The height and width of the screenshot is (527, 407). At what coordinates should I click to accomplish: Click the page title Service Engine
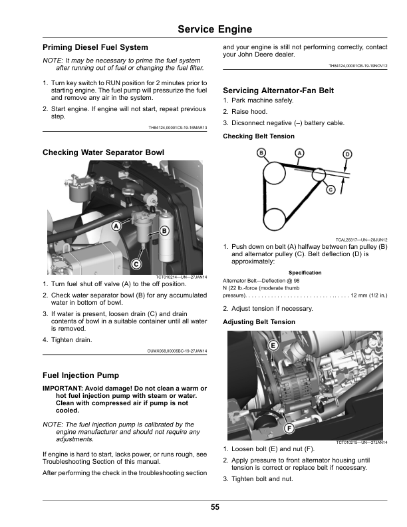[215, 29]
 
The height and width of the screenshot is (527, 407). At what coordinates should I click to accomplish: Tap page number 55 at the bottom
[215, 507]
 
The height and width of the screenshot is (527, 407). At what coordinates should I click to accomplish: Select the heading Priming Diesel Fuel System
[95, 47]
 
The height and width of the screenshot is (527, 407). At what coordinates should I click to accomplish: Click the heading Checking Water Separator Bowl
[103, 152]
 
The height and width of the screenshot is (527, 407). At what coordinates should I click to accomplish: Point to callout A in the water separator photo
[116, 226]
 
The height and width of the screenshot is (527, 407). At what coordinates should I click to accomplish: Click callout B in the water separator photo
[164, 231]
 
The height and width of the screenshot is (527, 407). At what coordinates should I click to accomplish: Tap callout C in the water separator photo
[136, 264]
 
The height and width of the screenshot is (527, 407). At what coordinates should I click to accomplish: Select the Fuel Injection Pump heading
[80, 375]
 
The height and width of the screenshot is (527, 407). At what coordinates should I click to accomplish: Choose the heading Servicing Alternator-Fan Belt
[279, 90]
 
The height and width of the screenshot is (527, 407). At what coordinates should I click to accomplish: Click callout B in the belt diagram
[261, 153]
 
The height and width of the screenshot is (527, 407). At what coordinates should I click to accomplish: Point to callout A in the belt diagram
[299, 153]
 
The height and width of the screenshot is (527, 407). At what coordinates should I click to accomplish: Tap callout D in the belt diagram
[347, 154]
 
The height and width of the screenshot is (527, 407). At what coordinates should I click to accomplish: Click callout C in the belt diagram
[331, 190]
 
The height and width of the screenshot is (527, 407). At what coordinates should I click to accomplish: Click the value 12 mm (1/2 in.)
[369, 295]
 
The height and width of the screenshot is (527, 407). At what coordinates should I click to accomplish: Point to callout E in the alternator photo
[273, 346]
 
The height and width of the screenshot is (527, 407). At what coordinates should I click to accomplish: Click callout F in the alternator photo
[289, 429]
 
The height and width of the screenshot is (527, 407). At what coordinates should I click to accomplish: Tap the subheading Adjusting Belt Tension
[259, 322]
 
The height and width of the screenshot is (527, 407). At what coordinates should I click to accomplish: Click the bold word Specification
[305, 273]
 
